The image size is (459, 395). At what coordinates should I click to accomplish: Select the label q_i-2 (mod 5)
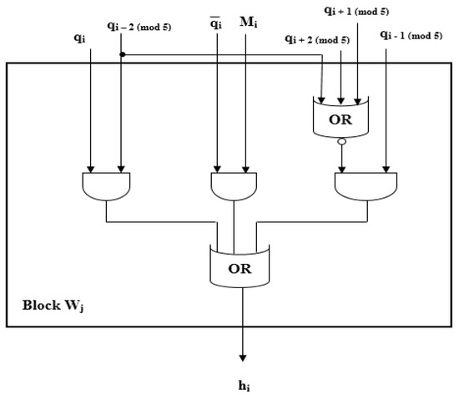(x=144, y=26)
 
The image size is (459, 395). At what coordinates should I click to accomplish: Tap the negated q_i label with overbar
(x=216, y=25)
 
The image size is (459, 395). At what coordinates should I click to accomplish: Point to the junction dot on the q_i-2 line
(x=123, y=56)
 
